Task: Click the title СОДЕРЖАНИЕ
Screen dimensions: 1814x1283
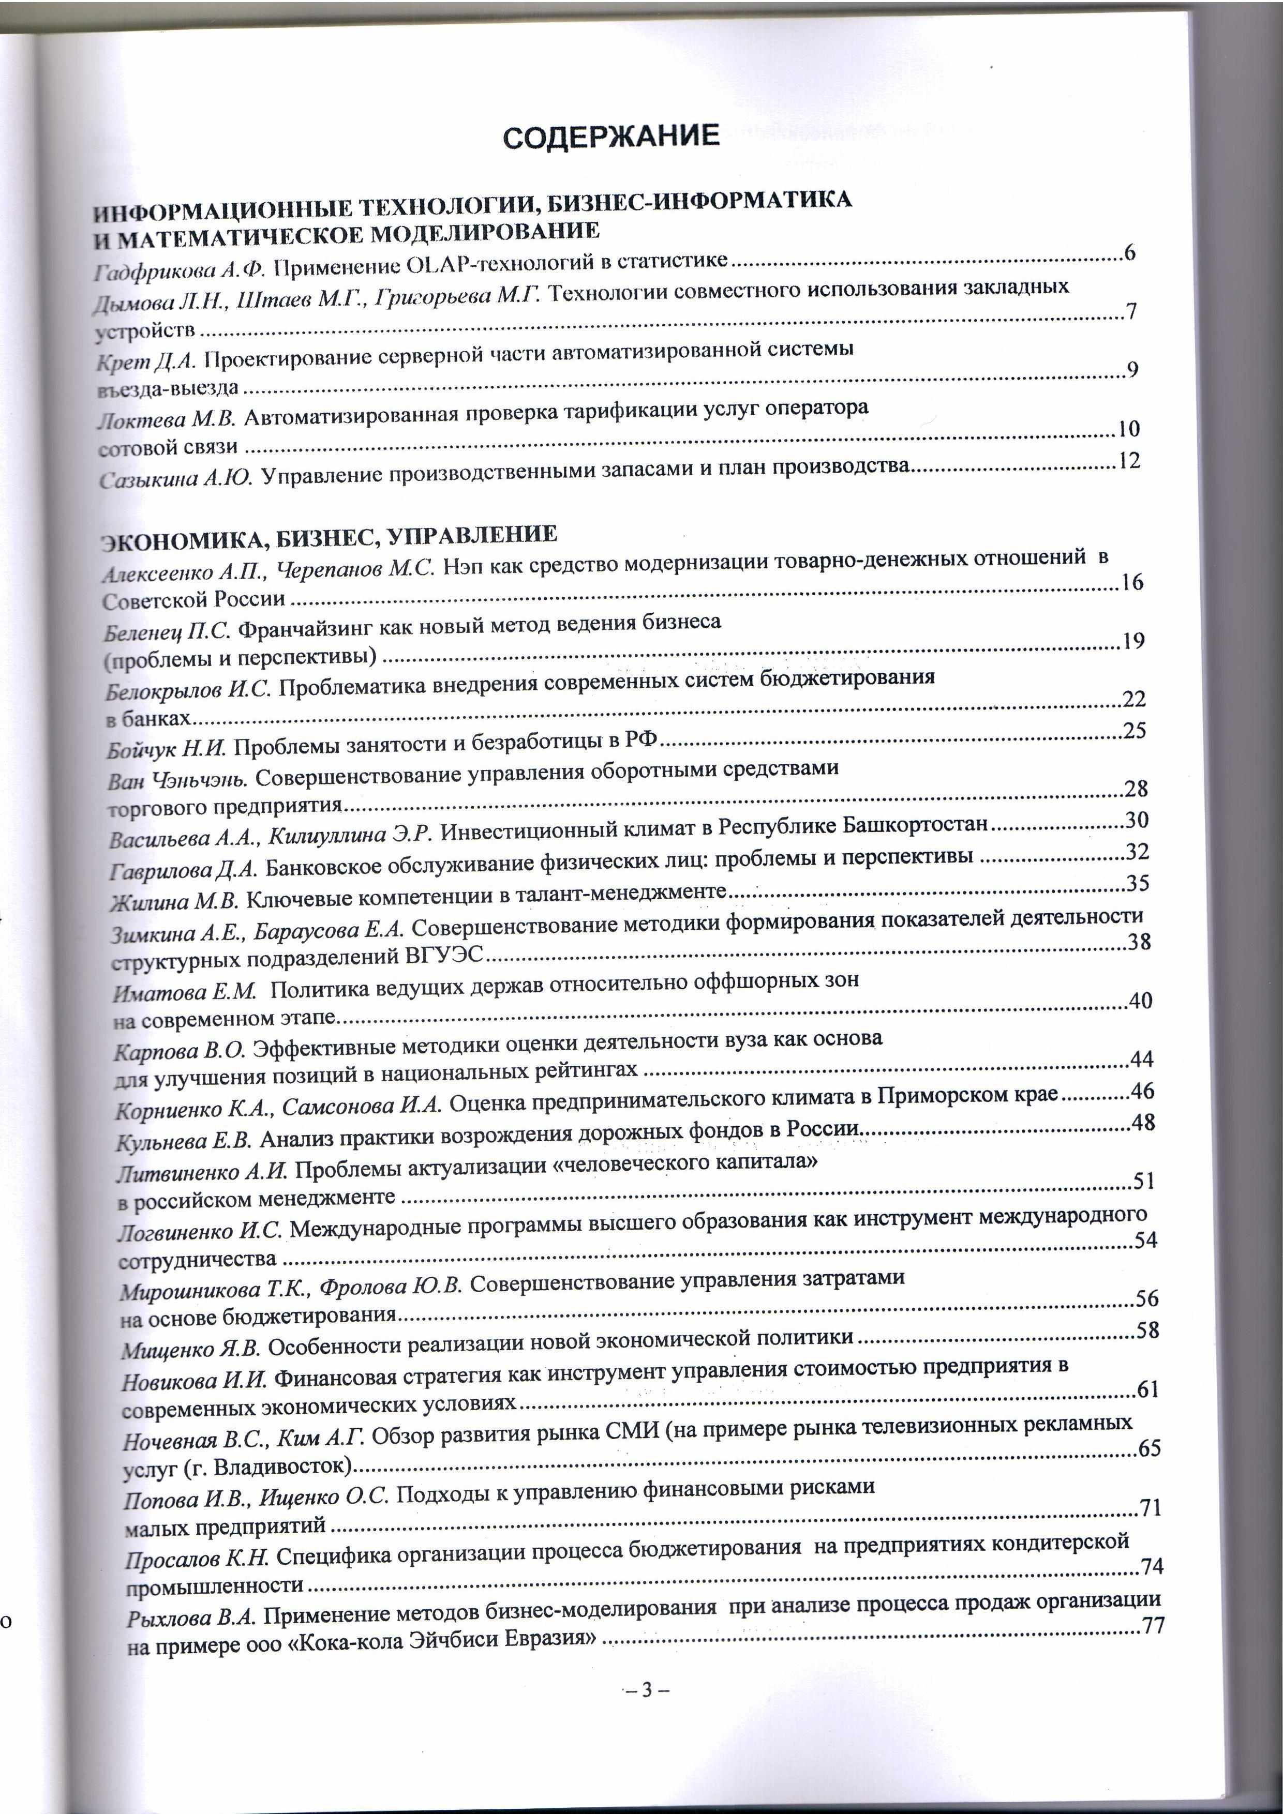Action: point(611,136)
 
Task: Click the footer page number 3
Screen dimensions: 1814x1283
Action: point(647,1691)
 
